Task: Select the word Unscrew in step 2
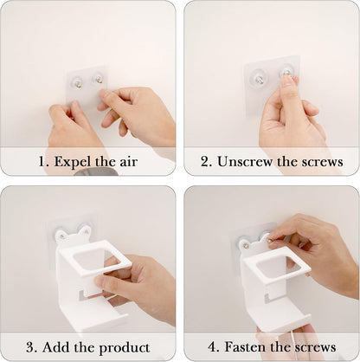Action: (245, 161)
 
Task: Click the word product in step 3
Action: (125, 348)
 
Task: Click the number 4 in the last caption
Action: (212, 346)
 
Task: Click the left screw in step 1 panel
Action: (79, 84)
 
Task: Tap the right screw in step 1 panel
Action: (99, 79)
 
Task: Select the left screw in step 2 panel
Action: (259, 78)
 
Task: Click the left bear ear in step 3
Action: (61, 235)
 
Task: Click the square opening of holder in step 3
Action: (93, 259)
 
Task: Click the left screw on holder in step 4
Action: (247, 246)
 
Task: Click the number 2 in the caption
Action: (206, 162)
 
